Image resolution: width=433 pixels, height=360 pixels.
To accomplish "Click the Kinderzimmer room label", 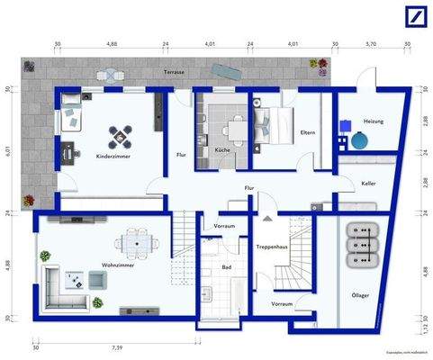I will coord(113,156).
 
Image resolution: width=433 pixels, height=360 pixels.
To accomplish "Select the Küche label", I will coord(222,149).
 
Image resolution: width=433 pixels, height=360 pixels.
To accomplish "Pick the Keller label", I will coord(369,183).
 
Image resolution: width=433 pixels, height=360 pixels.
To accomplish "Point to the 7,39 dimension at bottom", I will coord(117,346).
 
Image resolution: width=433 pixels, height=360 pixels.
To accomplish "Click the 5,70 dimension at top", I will coord(372,41).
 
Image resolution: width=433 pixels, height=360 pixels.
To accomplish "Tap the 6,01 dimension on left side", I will coord(7,150).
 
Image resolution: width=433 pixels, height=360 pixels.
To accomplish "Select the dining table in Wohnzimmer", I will coord(136,242).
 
